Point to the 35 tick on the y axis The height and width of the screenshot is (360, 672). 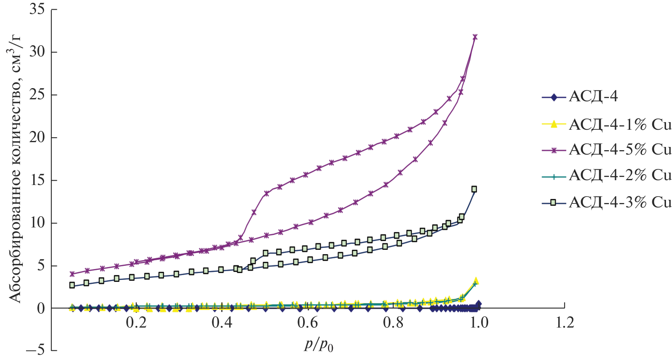point(37,10)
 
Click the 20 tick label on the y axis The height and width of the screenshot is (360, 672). point(37,138)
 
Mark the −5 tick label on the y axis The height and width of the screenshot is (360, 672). point(35,350)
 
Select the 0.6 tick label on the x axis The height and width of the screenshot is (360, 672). point(308,323)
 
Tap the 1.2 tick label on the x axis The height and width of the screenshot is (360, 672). point(565,323)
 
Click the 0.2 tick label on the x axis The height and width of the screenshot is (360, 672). point(137,323)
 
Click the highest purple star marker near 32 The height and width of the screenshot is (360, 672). point(475,37)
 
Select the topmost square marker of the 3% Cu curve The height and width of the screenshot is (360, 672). point(474,189)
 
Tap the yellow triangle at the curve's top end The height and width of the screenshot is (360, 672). point(476,281)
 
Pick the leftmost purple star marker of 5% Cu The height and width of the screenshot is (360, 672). point(72,274)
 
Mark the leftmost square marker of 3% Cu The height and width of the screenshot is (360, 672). point(72,285)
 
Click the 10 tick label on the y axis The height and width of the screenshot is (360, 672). point(37,223)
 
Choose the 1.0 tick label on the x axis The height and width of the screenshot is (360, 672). point(479,323)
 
